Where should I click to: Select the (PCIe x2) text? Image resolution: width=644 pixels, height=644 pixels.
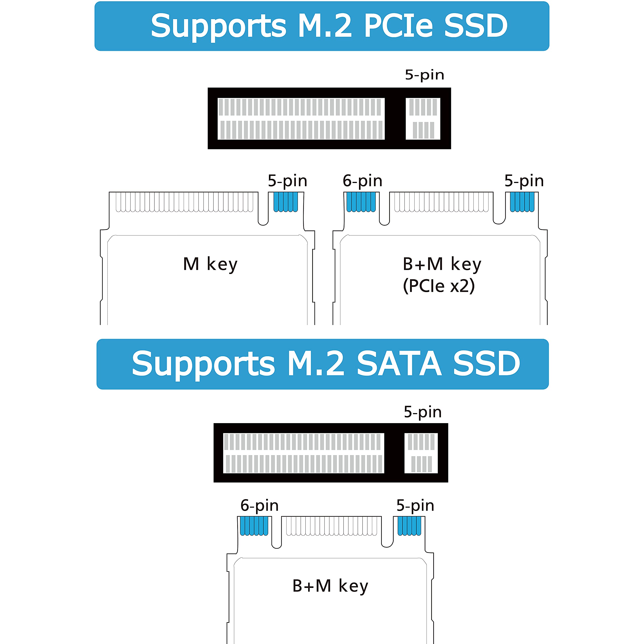pos(439,286)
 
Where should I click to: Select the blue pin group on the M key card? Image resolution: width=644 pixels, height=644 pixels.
pos(286,202)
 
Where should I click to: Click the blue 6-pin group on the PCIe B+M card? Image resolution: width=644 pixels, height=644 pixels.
pos(361,202)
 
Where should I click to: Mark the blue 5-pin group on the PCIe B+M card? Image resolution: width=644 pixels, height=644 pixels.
pos(522,202)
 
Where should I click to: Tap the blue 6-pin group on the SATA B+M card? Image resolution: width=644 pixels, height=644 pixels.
pos(254,526)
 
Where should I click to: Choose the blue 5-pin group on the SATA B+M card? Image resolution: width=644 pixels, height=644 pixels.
pos(409,526)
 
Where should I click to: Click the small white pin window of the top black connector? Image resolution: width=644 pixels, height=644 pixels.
pos(423,119)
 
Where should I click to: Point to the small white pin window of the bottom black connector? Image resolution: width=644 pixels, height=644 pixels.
pos(421,453)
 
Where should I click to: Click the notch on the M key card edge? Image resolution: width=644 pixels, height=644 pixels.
pos(263,209)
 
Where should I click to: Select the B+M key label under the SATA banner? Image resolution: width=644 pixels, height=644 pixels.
pos(330,586)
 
